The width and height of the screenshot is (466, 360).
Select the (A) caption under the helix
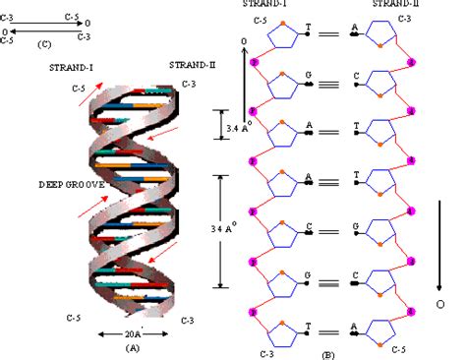tap(131, 347)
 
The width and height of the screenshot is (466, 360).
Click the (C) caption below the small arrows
tap(43, 44)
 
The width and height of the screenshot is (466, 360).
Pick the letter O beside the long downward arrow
tap(439, 306)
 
